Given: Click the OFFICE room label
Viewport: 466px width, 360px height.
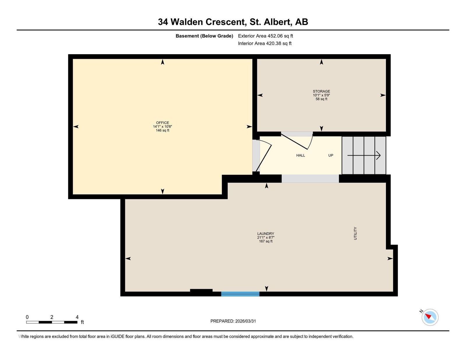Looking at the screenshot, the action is click(162, 123).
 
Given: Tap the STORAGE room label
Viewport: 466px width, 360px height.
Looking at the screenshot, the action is click(321, 91).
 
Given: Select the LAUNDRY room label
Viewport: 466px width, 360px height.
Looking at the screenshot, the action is click(266, 234).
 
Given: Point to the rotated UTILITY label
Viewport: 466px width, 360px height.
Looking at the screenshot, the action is click(355, 234).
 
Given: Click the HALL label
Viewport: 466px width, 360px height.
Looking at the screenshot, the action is click(301, 156).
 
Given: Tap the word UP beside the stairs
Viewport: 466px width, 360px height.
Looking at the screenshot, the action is click(331, 156).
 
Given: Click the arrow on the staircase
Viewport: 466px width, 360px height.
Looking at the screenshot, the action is click(364, 156).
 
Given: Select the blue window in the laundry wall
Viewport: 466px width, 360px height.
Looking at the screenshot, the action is click(240, 294).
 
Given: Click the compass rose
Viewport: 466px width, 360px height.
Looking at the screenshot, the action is click(430, 317).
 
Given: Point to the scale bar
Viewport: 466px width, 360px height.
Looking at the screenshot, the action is click(52, 322).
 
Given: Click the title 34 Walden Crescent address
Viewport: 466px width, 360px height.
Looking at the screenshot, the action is click(233, 22).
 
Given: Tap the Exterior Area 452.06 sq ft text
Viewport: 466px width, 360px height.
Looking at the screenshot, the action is click(266, 36).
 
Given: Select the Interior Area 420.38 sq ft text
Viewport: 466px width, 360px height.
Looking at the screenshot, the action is click(265, 43).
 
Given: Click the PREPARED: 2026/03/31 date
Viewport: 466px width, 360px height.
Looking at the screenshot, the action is click(233, 321).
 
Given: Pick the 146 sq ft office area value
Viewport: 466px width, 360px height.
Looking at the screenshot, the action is click(162, 130).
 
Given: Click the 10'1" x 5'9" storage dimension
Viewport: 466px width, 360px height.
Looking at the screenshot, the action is click(321, 95).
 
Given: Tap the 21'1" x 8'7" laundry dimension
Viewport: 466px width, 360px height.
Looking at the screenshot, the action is click(266, 238).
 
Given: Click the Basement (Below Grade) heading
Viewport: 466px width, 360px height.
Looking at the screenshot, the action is click(204, 36).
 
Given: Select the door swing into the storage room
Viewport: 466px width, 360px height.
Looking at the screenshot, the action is click(297, 141).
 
